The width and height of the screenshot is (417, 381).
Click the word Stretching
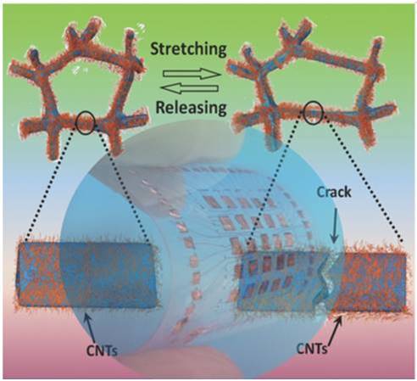point(188,50)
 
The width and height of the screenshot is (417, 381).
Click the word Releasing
point(192,107)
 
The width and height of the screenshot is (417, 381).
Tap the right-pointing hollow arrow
point(192,75)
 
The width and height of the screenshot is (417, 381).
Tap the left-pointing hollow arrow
point(191,89)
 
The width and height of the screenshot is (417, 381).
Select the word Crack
point(334,193)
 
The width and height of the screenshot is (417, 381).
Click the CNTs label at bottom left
point(102,350)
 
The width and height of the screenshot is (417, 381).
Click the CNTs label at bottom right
point(312,348)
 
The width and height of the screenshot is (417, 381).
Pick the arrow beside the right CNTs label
point(336,330)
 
